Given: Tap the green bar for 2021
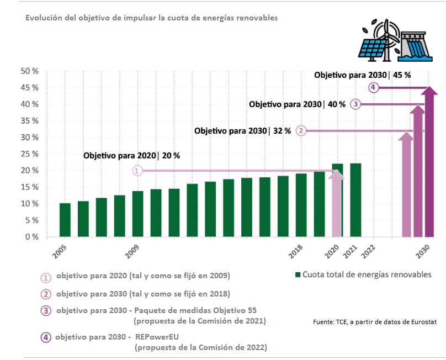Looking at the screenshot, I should click(x=355, y=200).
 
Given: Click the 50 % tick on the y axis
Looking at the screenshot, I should click(x=29, y=71).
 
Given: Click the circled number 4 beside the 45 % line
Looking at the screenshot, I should click(x=374, y=88).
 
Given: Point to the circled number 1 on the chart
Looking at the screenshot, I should click(x=137, y=171).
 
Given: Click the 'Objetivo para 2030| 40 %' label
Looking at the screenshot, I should click(x=297, y=104).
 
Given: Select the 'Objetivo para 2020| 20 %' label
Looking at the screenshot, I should click(x=131, y=156).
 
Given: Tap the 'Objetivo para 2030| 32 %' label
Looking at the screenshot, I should click(x=242, y=131).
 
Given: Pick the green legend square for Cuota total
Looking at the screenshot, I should click(x=298, y=275).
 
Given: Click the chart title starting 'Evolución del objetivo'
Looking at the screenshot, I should click(x=151, y=18).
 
